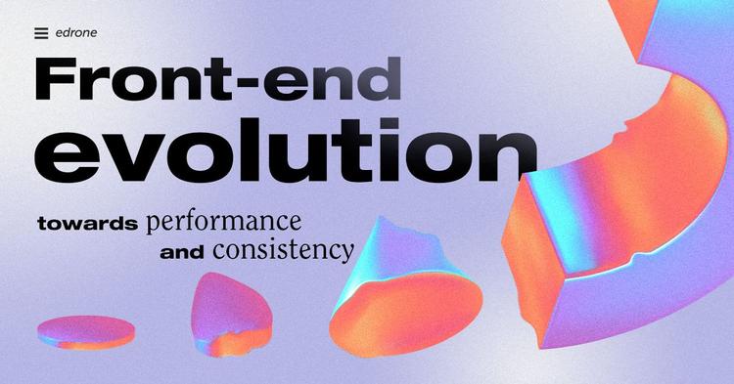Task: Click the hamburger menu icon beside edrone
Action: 40,33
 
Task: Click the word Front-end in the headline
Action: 217,80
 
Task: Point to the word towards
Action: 87,223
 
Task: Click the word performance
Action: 223,221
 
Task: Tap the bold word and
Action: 181,253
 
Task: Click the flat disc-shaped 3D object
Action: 86,331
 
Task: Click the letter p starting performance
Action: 153,224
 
